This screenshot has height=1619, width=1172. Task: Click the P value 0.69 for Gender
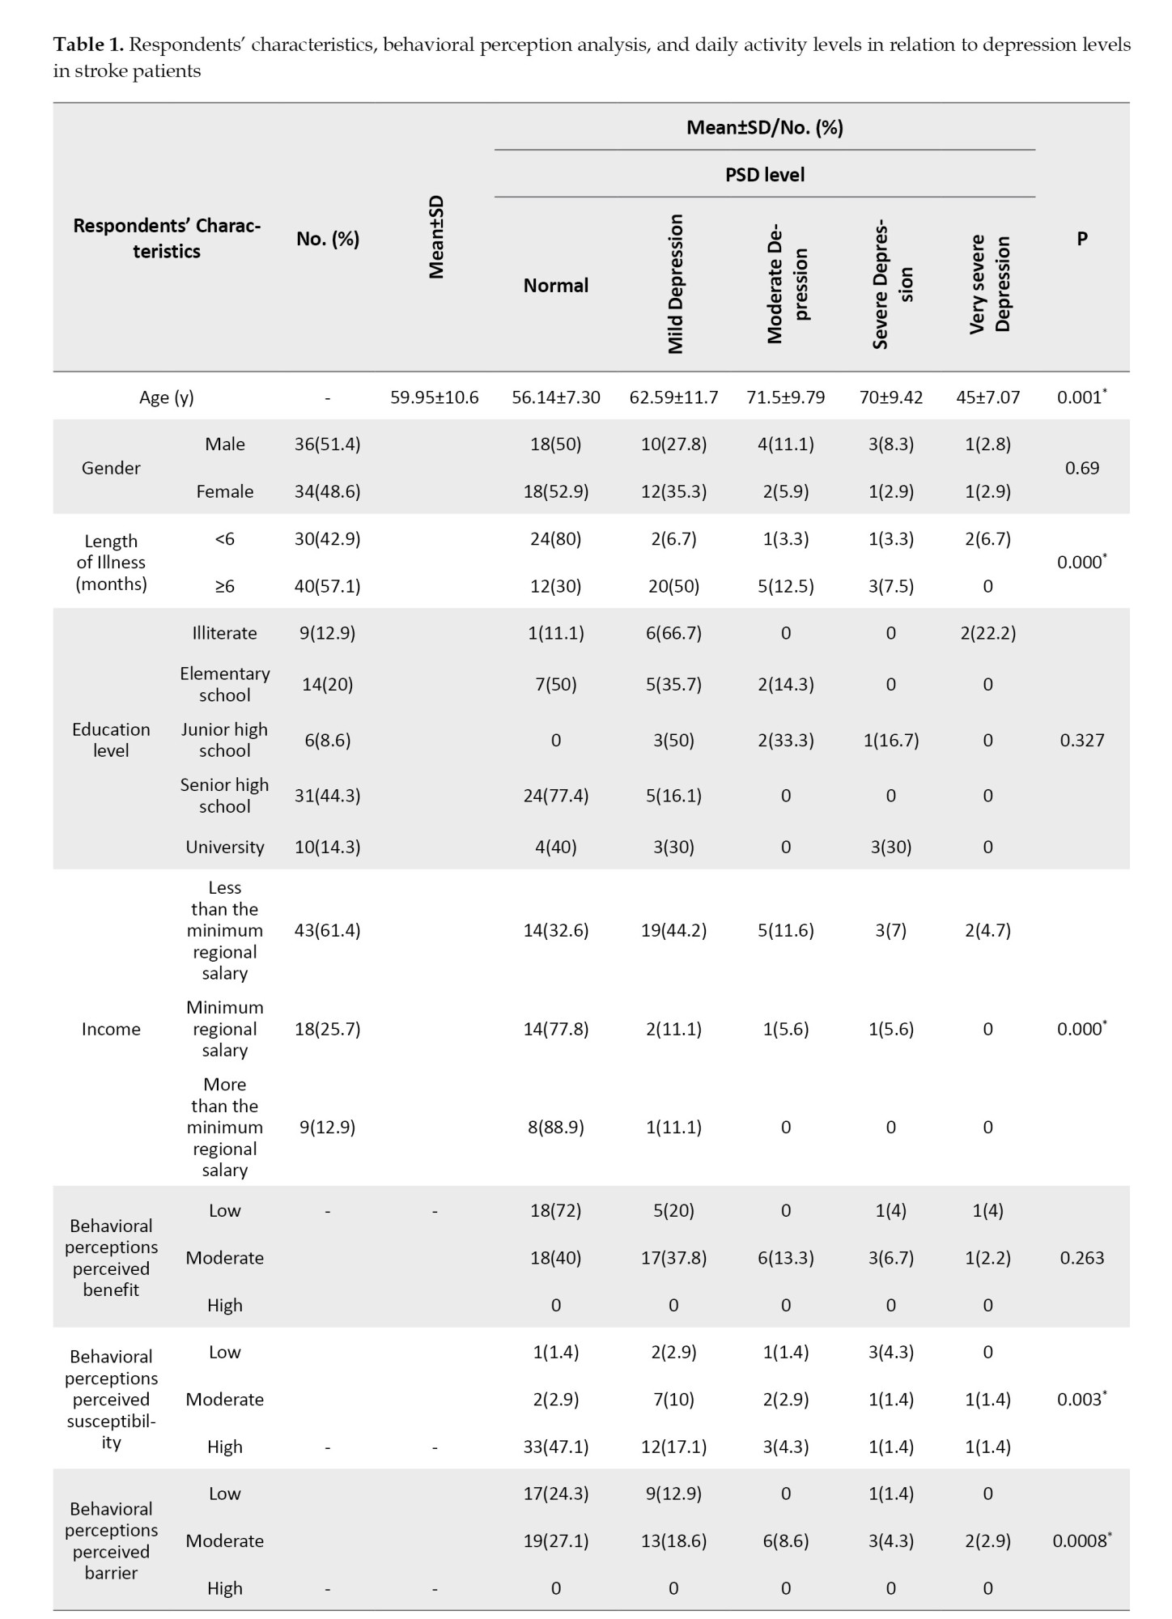[1081, 468]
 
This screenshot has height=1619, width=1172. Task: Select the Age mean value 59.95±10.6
[435, 397]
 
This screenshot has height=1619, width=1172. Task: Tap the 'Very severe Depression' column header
[989, 284]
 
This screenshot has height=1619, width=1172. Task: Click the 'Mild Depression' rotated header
[675, 284]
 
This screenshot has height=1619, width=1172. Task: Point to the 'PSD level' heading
[764, 175]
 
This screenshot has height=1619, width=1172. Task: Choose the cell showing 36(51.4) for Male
[327, 444]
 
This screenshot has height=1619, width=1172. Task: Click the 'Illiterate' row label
[224, 633]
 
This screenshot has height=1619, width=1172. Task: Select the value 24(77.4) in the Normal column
[555, 796]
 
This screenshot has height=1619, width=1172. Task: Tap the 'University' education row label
[224, 847]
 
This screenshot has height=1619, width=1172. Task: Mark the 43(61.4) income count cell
[327, 930]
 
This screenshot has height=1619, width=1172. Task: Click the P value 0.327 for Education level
[1081, 740]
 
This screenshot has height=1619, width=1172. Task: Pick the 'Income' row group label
[111, 1029]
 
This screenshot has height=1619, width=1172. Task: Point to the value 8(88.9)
[555, 1127]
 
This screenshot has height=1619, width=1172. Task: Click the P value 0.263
[1081, 1258]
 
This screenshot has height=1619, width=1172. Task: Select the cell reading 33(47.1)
[555, 1447]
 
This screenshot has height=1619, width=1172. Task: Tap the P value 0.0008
[1081, 1540]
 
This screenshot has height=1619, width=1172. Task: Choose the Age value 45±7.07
[987, 397]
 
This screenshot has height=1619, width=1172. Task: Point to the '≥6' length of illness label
[224, 586]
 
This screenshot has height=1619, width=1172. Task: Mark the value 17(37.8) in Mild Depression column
[673, 1258]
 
